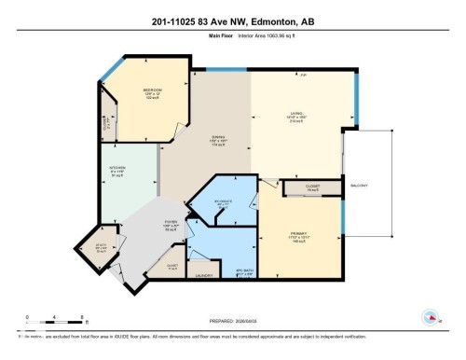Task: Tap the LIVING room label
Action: (299, 115)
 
